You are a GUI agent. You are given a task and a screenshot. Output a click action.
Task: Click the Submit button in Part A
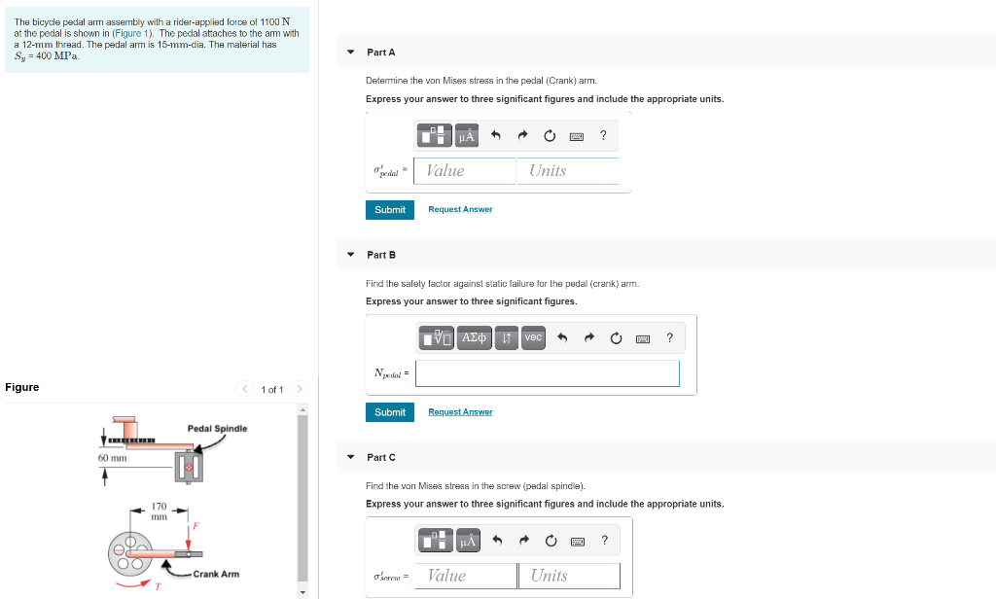pos(389,210)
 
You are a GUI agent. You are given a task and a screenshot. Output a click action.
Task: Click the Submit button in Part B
pos(389,412)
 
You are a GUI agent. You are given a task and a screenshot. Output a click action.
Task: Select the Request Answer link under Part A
pos(460,210)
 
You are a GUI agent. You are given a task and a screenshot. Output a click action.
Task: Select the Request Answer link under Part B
pos(460,412)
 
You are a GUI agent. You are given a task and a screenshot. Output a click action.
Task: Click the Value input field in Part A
pos(464,171)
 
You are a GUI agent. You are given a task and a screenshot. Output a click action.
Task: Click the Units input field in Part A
pos(568,171)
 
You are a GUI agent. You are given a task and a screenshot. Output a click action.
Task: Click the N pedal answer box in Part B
pos(548,373)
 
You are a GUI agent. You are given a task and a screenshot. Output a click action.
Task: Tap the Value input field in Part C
pos(466,576)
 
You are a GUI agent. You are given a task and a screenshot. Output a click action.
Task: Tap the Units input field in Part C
pos(569,576)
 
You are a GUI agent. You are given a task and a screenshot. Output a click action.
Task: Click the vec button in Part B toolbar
pos(534,338)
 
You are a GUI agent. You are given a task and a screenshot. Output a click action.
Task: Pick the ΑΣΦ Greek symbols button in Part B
pos(474,338)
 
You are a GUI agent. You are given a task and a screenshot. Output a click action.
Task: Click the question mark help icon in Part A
pos(603,135)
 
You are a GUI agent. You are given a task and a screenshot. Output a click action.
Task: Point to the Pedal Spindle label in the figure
pos(217,429)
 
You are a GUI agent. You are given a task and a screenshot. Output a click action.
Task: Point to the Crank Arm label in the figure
pos(216,575)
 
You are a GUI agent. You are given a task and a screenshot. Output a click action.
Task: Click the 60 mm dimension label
pos(113,458)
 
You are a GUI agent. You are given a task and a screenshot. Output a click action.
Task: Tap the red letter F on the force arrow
pos(196,526)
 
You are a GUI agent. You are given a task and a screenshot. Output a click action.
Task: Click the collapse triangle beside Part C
pos(350,457)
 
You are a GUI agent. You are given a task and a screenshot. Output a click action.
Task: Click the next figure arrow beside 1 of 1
pos(300,389)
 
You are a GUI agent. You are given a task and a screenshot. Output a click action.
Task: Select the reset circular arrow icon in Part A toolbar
pos(550,135)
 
